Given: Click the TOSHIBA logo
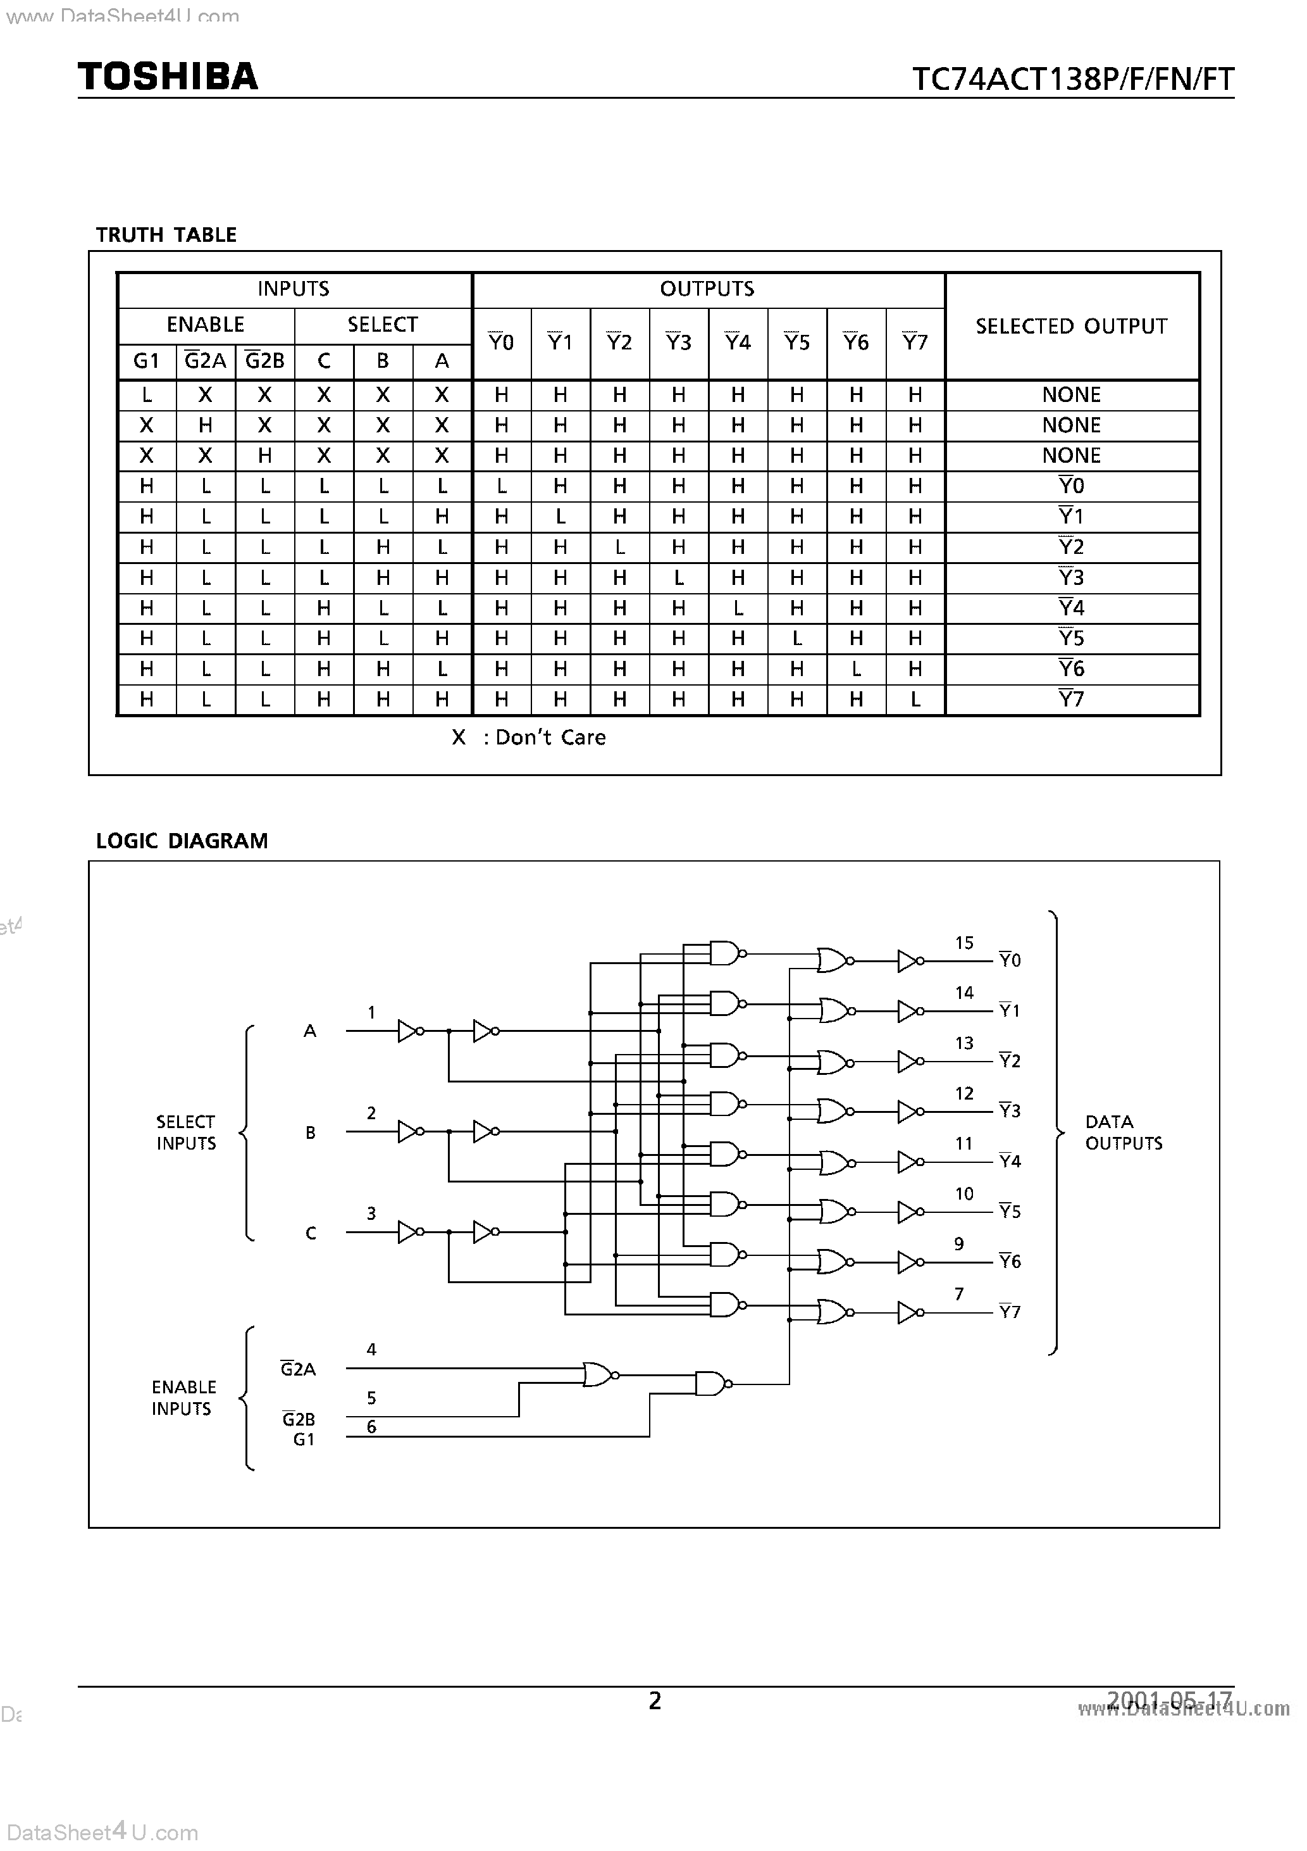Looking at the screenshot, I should point(168,77).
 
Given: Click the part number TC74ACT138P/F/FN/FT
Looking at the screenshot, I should point(1072,80).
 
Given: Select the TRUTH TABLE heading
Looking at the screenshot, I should point(166,235).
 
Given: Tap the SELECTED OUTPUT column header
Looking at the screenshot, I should point(1071,327).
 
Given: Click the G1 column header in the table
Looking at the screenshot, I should point(146,361).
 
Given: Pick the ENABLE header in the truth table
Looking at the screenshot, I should point(206,325).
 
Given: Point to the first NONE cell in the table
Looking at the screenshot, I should point(1071,395).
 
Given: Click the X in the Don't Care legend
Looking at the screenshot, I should point(459,737).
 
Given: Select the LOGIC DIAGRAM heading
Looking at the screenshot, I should point(182,841).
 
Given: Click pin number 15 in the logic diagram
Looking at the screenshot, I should point(963,943).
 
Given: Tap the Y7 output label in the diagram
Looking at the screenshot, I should point(1010,1312).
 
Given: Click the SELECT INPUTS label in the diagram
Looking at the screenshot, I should point(186,1132).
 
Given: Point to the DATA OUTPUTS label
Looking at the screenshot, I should point(1124,1132).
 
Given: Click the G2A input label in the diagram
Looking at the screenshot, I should point(298,1369).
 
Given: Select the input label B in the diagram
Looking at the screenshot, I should point(310,1133).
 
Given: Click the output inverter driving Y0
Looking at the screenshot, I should point(910,961).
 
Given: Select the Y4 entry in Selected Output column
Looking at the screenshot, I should point(1071,608).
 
